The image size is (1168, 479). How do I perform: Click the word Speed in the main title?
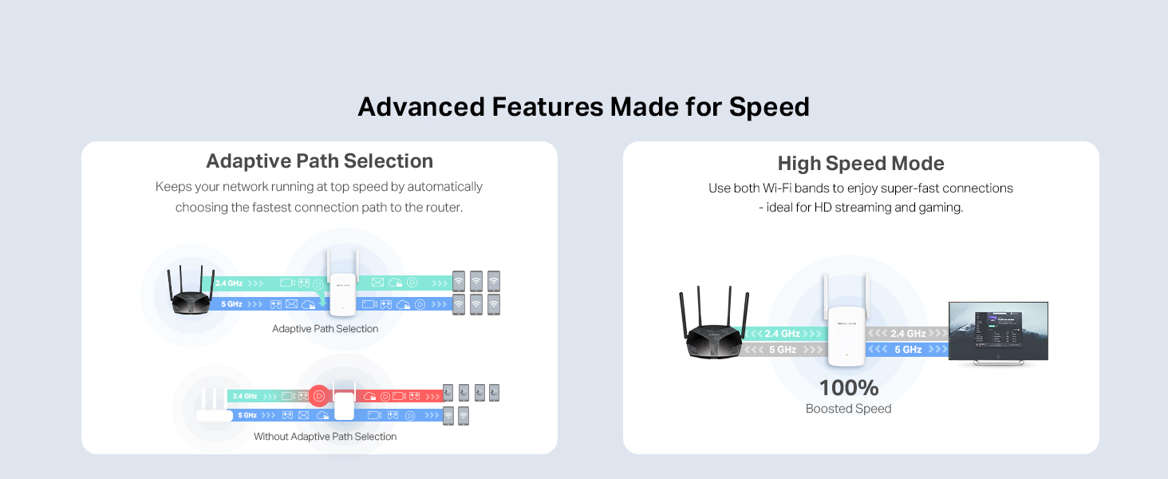[769, 107]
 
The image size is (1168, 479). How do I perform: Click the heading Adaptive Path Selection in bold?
[319, 160]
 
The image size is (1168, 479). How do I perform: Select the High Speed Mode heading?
[861, 164]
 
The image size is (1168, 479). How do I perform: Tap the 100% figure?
[849, 388]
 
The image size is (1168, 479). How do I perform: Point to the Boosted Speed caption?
[848, 409]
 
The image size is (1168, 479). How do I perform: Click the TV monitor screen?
[998, 331]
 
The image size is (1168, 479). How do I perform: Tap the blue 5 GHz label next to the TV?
[908, 350]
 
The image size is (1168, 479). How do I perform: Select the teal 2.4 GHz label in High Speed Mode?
[782, 334]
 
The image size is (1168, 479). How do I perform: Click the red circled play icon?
[319, 396]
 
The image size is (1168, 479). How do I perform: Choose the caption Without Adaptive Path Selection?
[325, 437]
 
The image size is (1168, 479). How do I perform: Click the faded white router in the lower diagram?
[214, 406]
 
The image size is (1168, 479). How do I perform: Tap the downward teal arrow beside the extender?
[322, 298]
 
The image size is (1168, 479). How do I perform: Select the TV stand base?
[998, 364]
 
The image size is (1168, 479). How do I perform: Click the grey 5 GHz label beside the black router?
[782, 350]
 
